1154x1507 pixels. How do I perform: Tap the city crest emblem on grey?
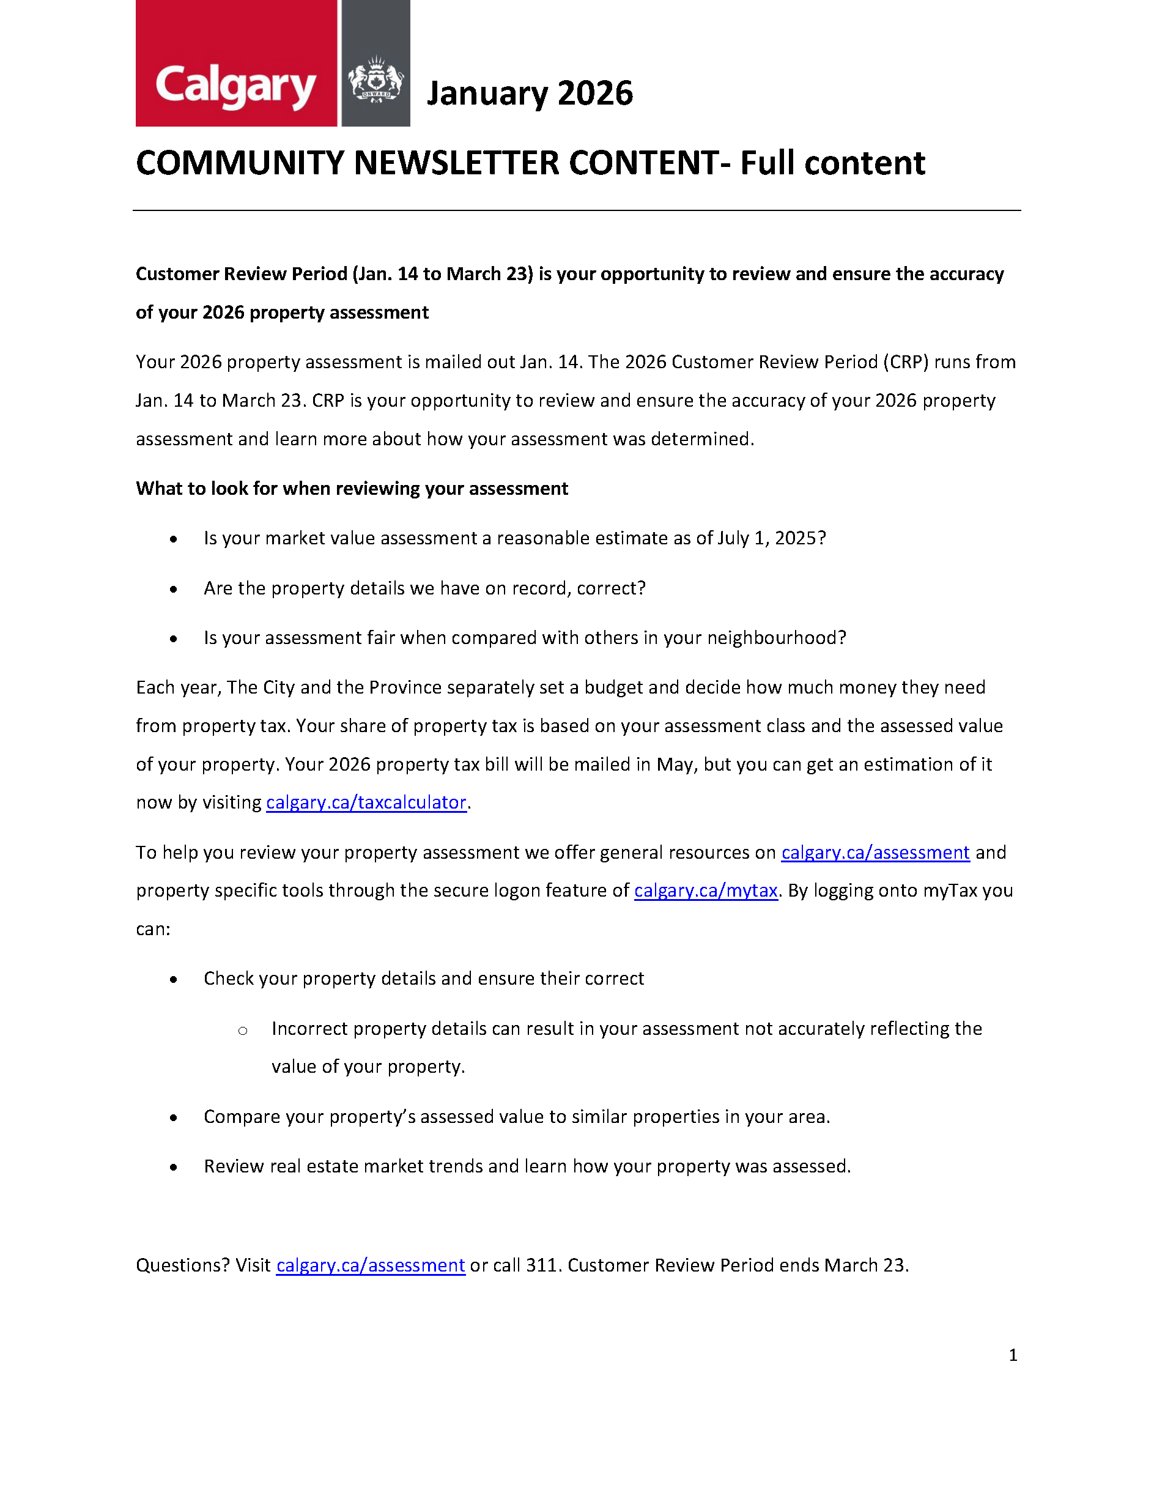coord(375,79)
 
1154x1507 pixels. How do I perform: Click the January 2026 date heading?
coord(530,94)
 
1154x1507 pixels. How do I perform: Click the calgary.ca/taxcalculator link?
coord(366,802)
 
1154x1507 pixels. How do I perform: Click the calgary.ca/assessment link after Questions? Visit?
coord(370,1265)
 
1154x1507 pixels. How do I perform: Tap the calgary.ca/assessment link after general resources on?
coord(875,853)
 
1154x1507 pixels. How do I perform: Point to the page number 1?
coord(1013,1355)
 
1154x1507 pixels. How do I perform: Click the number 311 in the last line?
coord(541,1265)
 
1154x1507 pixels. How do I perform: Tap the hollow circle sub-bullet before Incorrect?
coord(242,1031)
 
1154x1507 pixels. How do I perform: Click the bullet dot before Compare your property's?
coord(174,1117)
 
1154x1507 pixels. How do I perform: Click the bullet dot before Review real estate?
coord(174,1167)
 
